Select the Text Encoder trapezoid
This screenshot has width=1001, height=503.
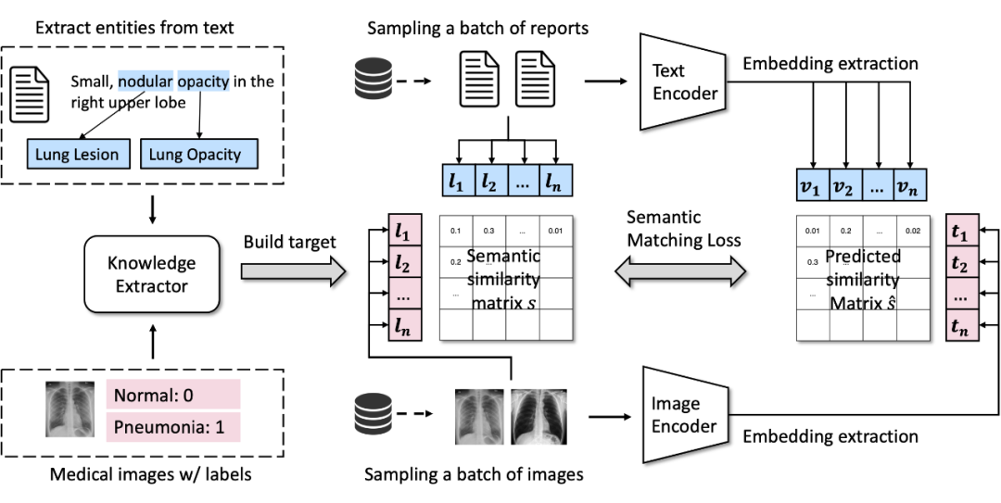coord(678,82)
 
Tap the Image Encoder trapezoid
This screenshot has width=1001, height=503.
coord(678,415)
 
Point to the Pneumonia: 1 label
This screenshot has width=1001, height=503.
coord(172,427)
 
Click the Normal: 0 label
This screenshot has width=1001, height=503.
coord(172,396)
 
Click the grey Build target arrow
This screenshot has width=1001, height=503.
coord(292,272)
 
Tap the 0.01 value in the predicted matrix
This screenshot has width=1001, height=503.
coord(814,230)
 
